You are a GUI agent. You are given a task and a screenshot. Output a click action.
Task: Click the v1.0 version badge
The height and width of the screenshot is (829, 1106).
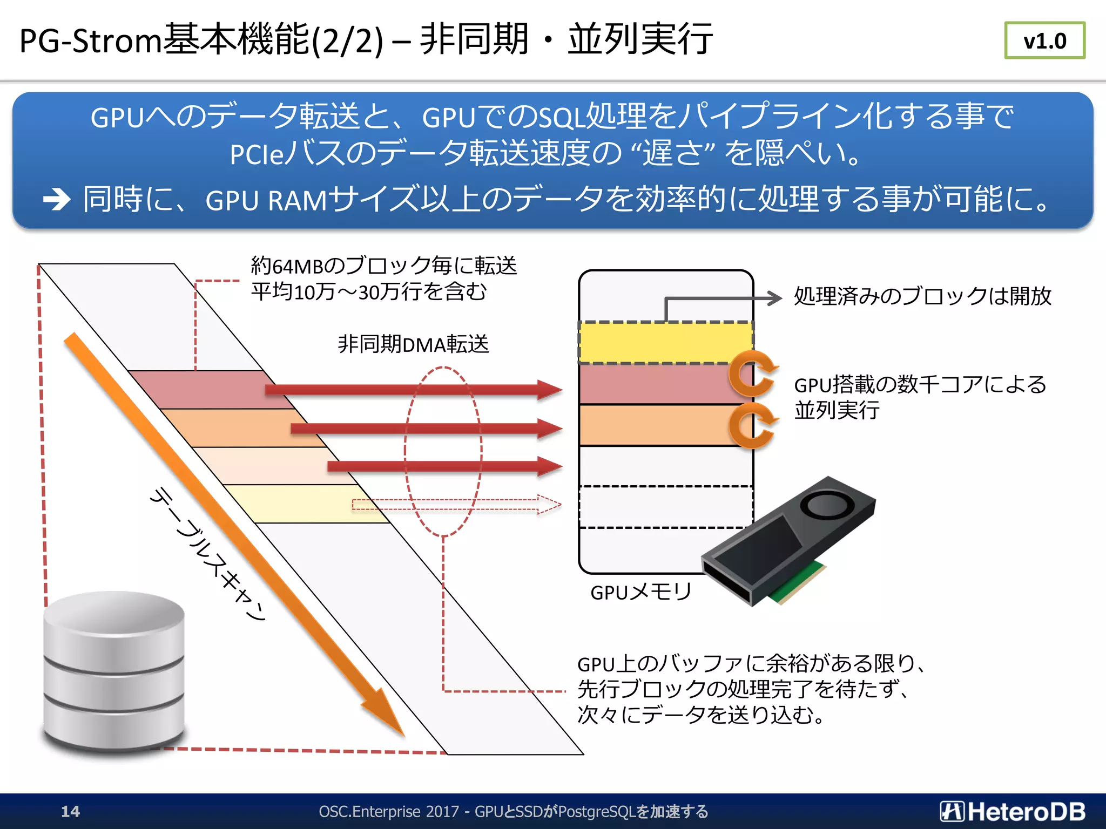pos(1044,40)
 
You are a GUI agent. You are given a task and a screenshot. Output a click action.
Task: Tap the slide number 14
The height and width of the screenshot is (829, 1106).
pos(70,811)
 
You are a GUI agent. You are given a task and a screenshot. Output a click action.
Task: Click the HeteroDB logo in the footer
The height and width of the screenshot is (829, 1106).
pos(1013,811)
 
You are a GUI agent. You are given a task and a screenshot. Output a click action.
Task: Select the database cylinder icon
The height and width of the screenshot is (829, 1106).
pos(113,672)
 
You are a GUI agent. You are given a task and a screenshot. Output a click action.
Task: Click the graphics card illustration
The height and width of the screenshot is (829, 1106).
pos(788,542)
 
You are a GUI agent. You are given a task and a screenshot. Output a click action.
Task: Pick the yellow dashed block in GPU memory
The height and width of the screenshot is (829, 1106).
pos(665,343)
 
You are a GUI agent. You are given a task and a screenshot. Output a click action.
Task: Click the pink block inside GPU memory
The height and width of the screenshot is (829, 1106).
pos(653,384)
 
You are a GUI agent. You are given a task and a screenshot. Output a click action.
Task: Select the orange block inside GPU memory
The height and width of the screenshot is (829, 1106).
pos(653,425)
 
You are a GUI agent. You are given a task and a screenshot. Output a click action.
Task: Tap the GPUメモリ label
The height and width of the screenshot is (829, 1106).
pos(640,592)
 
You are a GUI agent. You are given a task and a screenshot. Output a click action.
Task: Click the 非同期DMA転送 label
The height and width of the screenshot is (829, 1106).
pos(413,344)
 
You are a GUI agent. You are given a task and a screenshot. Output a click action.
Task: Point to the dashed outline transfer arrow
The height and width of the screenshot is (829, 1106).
pos(456,505)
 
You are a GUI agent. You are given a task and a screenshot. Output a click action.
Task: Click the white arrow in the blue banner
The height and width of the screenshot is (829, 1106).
pos(57,199)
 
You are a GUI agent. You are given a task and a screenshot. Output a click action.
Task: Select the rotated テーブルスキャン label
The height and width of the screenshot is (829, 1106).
pos(208,553)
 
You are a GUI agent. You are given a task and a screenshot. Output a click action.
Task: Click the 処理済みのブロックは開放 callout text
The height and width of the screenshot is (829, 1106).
pos(922,296)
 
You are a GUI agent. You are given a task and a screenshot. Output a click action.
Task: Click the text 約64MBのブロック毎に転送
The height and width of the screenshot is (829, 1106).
pos(383,266)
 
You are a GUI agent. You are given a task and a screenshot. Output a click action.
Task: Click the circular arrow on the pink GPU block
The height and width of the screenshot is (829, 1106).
pos(752,373)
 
